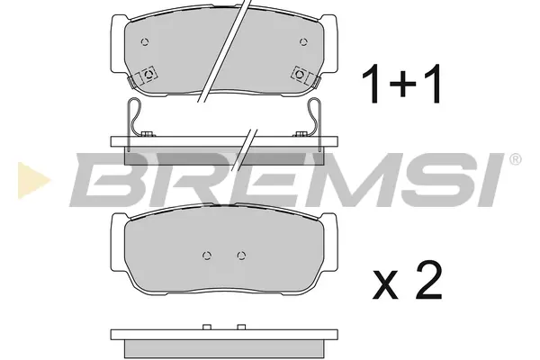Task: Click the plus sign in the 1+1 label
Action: pyautogui.click(x=402, y=84)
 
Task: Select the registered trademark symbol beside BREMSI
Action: pyautogui.click(x=515, y=159)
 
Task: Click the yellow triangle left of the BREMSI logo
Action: pyautogui.click(x=33, y=180)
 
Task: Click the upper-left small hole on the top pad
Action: pyautogui.click(x=145, y=42)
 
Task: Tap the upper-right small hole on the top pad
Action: pyautogui.click(x=303, y=42)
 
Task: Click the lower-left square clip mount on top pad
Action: pyautogui.click(x=148, y=75)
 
